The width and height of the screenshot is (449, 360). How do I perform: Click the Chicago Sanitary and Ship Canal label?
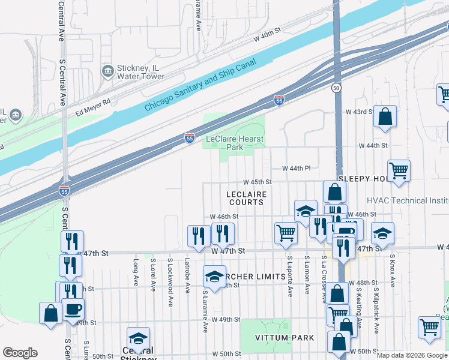pyautogui.click(x=200, y=85)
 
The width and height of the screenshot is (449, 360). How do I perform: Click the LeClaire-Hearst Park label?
pyautogui.click(x=235, y=143)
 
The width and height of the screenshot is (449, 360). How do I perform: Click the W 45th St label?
pyautogui.click(x=258, y=182)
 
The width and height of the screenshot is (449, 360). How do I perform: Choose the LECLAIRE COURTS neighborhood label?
pyautogui.click(x=245, y=198)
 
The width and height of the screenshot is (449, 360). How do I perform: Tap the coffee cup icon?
pyautogui.click(x=73, y=310)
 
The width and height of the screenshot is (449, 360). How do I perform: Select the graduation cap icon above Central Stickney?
pyautogui.click(x=138, y=338)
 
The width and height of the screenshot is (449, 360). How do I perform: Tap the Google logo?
pyautogui.click(x=20, y=353)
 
